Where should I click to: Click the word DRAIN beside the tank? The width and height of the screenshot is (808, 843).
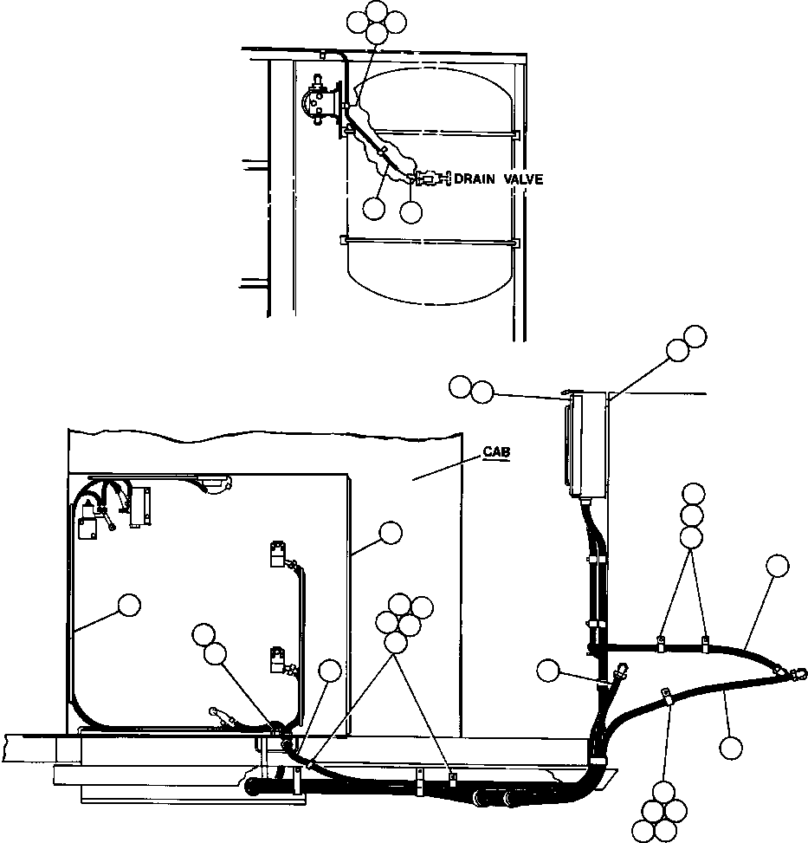(478, 179)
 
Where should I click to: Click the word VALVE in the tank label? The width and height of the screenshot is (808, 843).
(523, 179)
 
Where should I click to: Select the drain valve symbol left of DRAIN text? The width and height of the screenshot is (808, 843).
(429, 179)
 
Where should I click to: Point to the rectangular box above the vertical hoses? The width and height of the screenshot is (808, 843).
(585, 445)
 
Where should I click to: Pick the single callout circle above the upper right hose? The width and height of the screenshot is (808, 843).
(777, 567)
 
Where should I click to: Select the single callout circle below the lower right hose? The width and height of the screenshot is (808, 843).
(731, 747)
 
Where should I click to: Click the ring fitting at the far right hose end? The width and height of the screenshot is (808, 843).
(794, 672)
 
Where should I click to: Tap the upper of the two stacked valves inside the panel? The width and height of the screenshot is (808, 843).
(279, 553)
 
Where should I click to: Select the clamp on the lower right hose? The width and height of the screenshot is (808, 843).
(667, 696)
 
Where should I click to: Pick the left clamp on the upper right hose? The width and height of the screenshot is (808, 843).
(660, 645)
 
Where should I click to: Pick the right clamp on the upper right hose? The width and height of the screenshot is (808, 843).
(705, 645)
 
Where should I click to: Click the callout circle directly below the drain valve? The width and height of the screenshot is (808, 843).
(411, 210)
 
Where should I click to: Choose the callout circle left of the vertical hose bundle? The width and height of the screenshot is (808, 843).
(547, 670)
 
